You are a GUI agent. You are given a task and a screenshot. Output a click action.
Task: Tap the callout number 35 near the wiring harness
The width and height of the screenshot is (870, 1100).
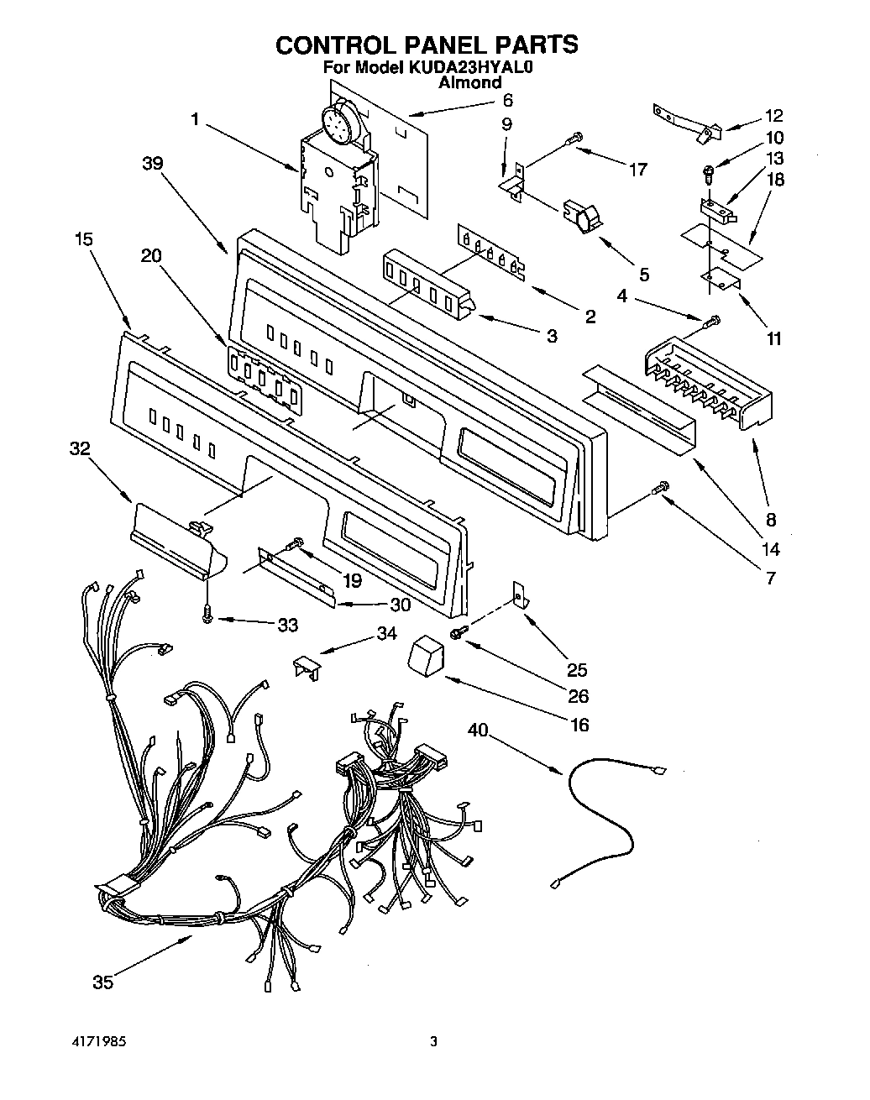pyautogui.click(x=102, y=982)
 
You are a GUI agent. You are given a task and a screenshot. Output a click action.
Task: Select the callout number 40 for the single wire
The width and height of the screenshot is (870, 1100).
pyautogui.click(x=477, y=731)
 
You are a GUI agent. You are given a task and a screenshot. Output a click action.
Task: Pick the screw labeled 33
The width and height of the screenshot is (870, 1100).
pyautogui.click(x=207, y=615)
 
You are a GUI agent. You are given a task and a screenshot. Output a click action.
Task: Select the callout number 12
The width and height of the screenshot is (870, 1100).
pyautogui.click(x=773, y=116)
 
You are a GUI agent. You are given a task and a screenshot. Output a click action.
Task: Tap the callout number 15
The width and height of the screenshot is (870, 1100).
pyautogui.click(x=82, y=239)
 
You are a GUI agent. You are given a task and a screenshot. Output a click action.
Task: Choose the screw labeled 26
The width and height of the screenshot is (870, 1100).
pyautogui.click(x=459, y=631)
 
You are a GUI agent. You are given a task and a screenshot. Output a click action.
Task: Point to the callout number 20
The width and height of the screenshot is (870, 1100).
pyautogui.click(x=150, y=257)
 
